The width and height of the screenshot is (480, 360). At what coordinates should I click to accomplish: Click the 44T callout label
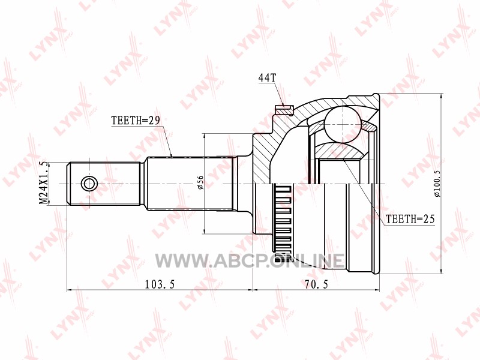[267, 78]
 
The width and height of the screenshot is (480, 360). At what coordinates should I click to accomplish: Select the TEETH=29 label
[136, 121]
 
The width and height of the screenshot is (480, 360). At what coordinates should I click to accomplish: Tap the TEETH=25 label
[410, 219]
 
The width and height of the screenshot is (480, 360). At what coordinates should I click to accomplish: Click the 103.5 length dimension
[160, 284]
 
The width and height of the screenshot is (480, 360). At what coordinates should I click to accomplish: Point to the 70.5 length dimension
[316, 284]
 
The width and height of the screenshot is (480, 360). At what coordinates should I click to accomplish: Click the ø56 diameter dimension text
[200, 182]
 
